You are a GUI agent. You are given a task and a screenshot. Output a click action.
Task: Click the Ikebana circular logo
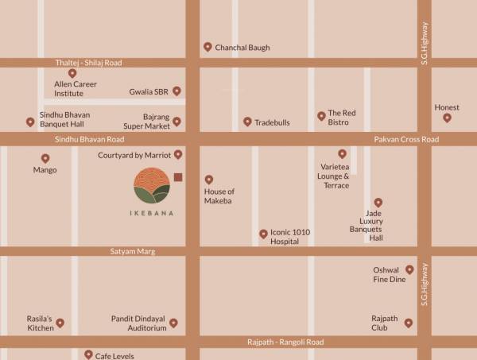153,187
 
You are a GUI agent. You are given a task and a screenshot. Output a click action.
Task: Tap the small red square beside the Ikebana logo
178,177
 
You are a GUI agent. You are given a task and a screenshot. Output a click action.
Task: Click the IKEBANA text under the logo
153,213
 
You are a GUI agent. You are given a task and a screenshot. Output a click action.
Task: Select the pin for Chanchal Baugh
207,47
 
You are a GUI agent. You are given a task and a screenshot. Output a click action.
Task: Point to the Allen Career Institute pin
72,73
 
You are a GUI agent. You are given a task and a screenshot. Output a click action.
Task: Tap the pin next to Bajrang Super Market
177,122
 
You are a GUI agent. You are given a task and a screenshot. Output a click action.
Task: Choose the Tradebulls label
272,122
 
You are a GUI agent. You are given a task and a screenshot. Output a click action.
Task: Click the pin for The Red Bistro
321,116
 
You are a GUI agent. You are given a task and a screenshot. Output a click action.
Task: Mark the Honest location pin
447,118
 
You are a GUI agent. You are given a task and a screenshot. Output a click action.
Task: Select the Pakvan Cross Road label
406,139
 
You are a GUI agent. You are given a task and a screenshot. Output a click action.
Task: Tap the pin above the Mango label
45,158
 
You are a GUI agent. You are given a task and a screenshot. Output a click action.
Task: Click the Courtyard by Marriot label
134,155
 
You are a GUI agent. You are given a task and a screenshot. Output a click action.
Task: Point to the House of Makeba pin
209,180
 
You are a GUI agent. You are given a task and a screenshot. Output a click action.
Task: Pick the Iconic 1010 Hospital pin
263,234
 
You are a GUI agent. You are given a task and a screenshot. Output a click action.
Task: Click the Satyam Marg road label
133,251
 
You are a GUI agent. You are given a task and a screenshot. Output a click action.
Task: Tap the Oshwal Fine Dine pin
409,270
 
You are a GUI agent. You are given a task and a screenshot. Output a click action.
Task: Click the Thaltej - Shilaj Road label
89,62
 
